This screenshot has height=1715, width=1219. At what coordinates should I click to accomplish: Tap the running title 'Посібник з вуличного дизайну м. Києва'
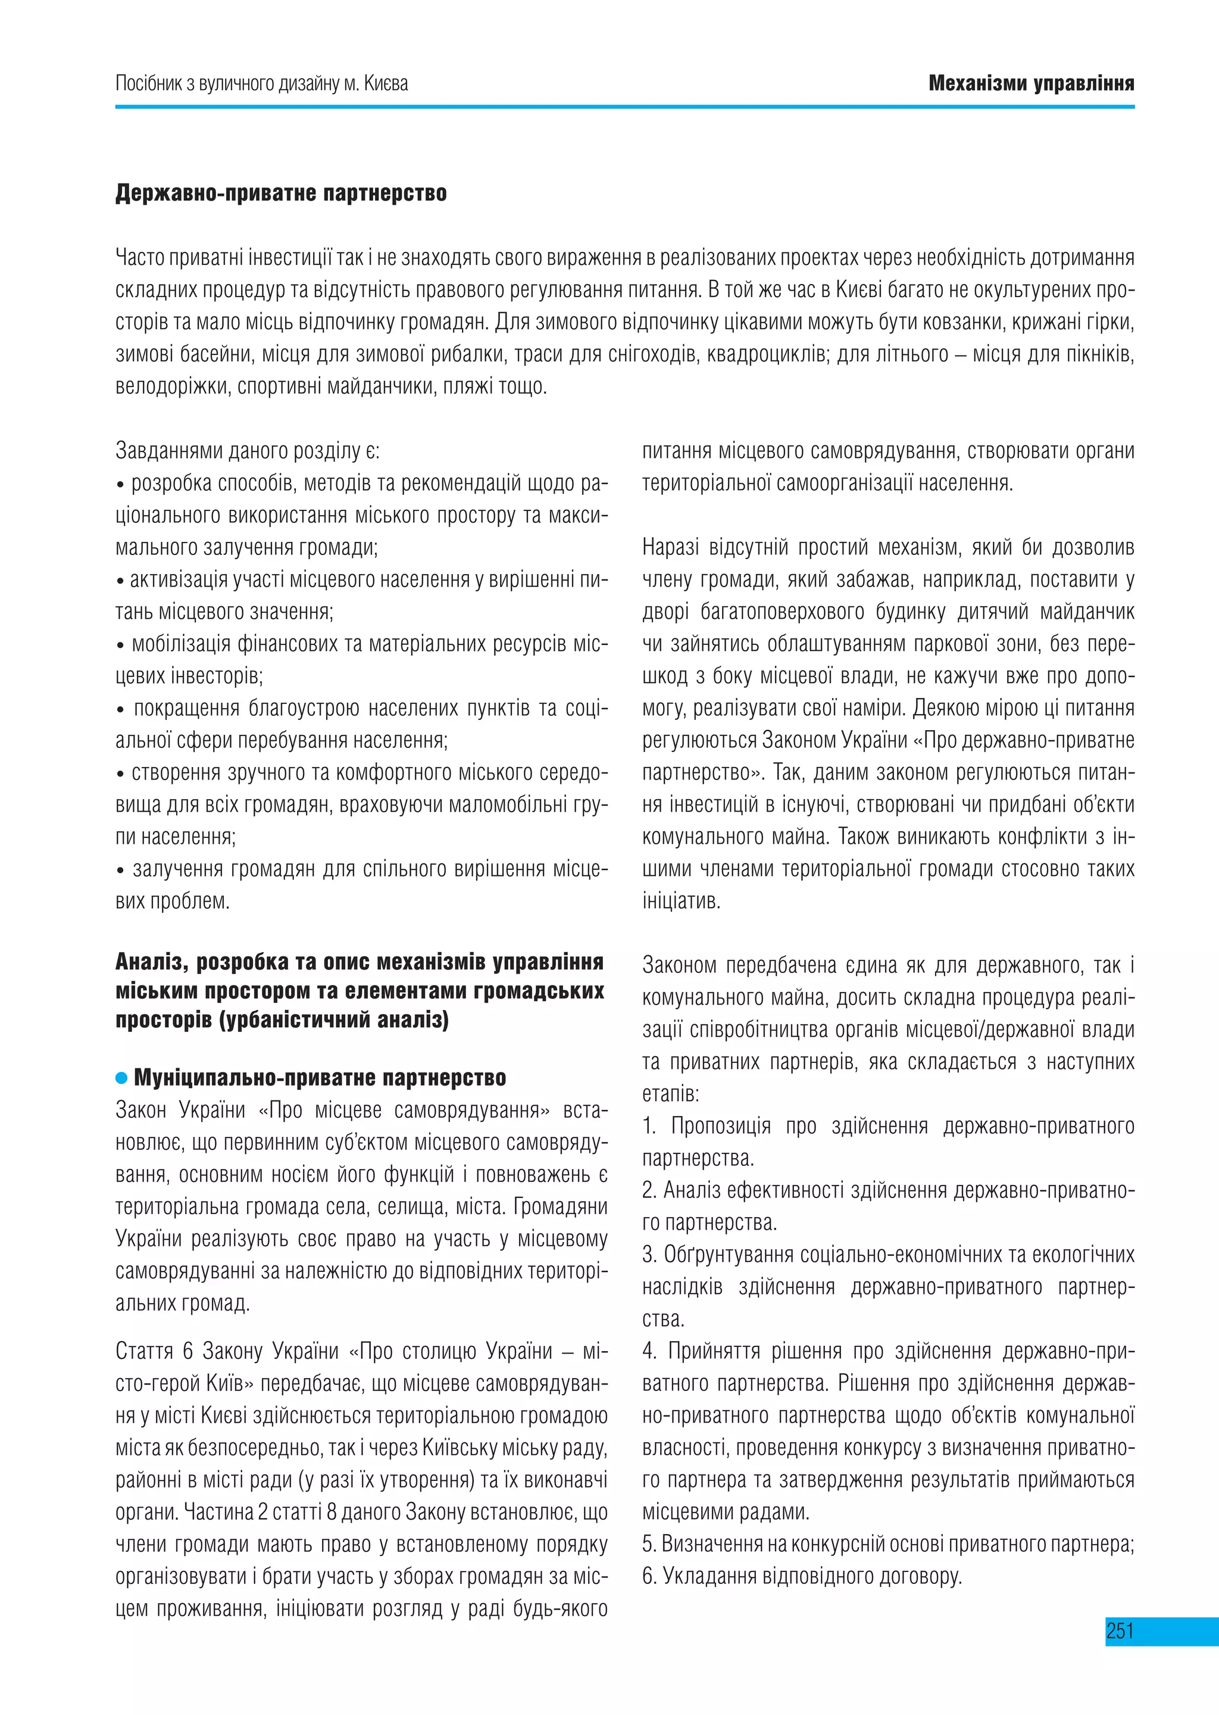point(261,83)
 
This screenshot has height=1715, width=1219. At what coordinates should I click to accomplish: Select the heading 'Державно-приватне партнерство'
point(281,193)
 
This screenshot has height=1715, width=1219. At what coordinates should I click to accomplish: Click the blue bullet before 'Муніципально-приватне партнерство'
point(121,1078)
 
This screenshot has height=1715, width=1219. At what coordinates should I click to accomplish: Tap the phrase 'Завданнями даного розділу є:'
point(248,451)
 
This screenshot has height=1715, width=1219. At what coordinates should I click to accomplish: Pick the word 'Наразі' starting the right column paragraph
point(670,547)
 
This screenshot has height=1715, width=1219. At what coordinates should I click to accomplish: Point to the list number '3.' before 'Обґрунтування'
point(650,1255)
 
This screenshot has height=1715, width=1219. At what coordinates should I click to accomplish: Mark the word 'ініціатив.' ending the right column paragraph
point(681,901)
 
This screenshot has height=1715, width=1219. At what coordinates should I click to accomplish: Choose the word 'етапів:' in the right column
point(670,1094)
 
